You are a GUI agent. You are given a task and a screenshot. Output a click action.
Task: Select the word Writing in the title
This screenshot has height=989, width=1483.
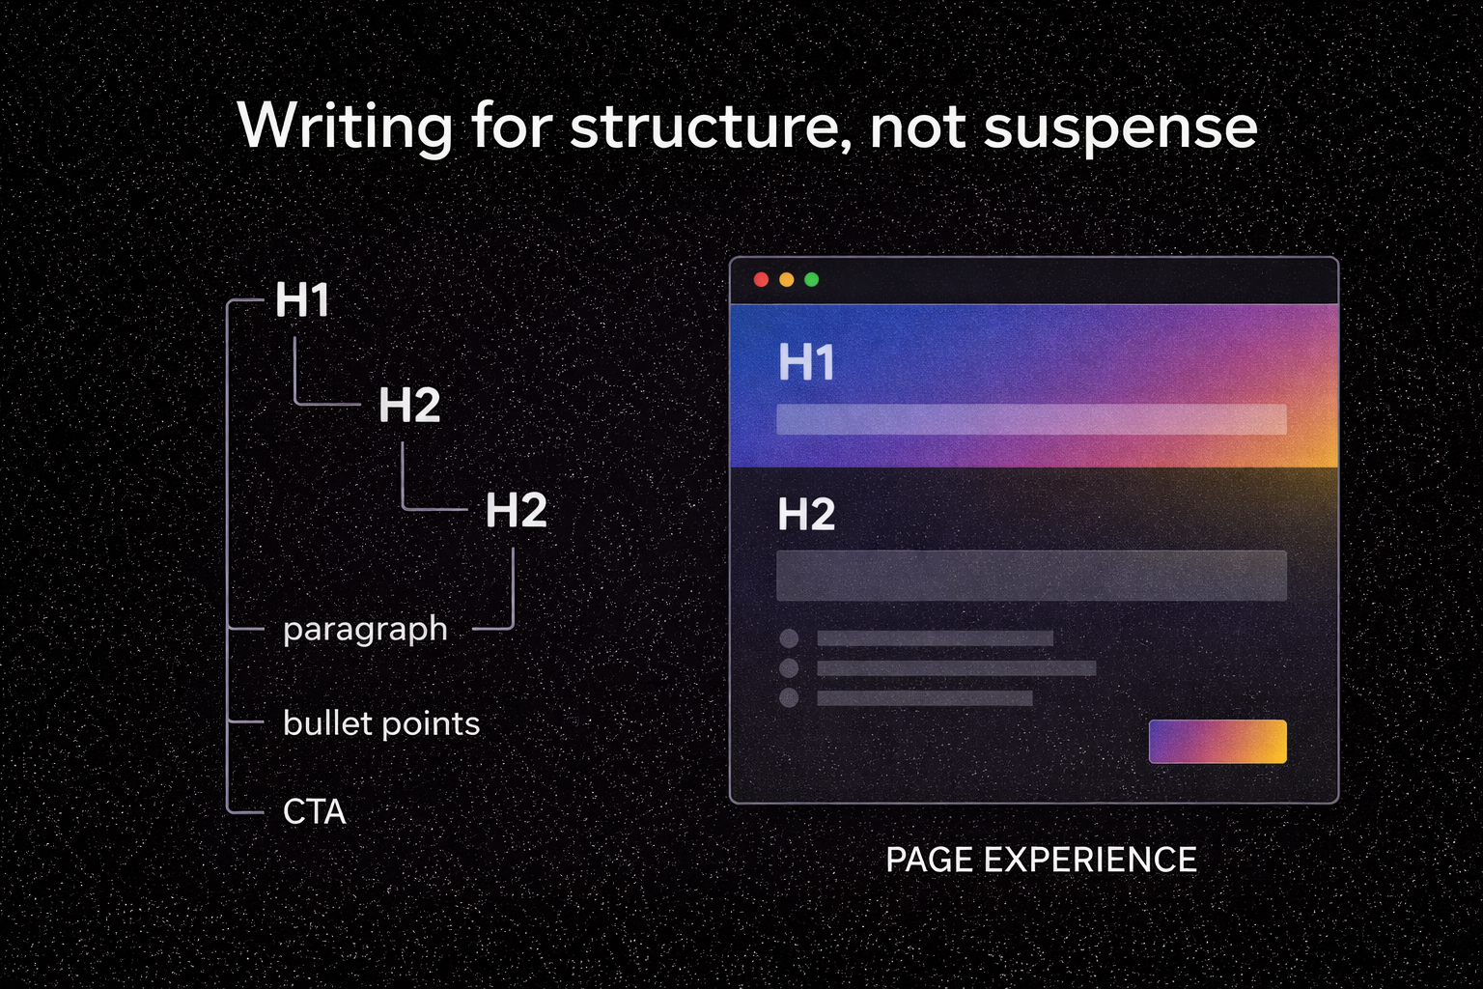[x=345, y=127]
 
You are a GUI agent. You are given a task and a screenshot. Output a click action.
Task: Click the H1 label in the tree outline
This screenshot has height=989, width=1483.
[x=303, y=300]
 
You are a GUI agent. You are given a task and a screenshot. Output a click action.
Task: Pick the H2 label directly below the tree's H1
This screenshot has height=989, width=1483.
[x=409, y=405]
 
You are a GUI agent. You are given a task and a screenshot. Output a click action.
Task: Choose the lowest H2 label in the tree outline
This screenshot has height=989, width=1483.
[x=516, y=510]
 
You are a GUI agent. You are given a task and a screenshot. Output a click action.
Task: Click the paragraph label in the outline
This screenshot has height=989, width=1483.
[x=365, y=630]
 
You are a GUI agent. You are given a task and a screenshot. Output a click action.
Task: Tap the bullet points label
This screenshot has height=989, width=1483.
[x=381, y=723]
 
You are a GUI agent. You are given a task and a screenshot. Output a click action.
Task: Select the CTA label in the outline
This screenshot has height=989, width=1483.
[x=314, y=812]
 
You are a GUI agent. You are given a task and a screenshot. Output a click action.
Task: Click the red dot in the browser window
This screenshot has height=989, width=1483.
[x=761, y=280]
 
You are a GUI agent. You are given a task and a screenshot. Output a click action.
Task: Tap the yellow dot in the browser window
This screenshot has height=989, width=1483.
[x=786, y=280]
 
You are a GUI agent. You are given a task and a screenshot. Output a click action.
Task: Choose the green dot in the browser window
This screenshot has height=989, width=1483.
[x=811, y=280]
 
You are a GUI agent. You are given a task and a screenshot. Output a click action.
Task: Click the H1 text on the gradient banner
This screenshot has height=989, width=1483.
[x=806, y=363]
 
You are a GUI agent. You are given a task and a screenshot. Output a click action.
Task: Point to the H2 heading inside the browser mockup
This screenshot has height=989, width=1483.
[x=806, y=515]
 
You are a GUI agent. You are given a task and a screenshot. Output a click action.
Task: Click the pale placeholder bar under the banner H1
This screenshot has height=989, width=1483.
[x=1031, y=419]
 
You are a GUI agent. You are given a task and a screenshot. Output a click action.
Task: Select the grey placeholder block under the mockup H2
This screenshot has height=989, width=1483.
[x=1031, y=576]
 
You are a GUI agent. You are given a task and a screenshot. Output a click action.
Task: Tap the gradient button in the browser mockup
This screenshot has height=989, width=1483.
[x=1217, y=742]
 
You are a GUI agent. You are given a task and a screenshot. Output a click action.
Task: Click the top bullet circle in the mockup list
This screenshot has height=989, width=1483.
[x=789, y=638]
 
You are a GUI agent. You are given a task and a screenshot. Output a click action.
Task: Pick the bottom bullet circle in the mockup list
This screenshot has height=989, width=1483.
[x=789, y=697]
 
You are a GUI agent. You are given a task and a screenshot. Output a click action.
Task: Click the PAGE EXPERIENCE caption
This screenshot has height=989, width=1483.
[x=1041, y=860]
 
